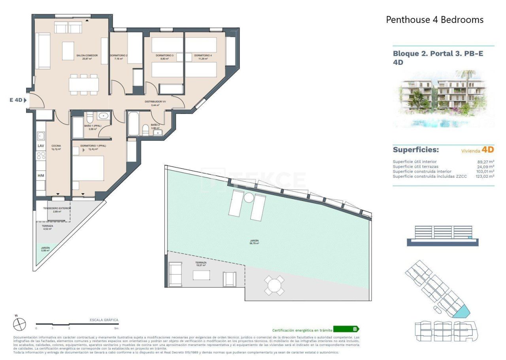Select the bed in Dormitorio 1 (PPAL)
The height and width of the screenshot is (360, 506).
click(x=88, y=174)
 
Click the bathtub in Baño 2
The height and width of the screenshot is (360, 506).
click(x=133, y=123)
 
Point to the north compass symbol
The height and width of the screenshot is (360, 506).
click(x=19, y=324)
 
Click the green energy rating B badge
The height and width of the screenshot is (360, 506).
click(x=346, y=329)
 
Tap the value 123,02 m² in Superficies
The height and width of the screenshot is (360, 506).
click(x=485, y=176)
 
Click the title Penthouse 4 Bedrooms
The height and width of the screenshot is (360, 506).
click(x=434, y=19)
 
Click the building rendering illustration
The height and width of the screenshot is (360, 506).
click(x=444, y=99)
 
